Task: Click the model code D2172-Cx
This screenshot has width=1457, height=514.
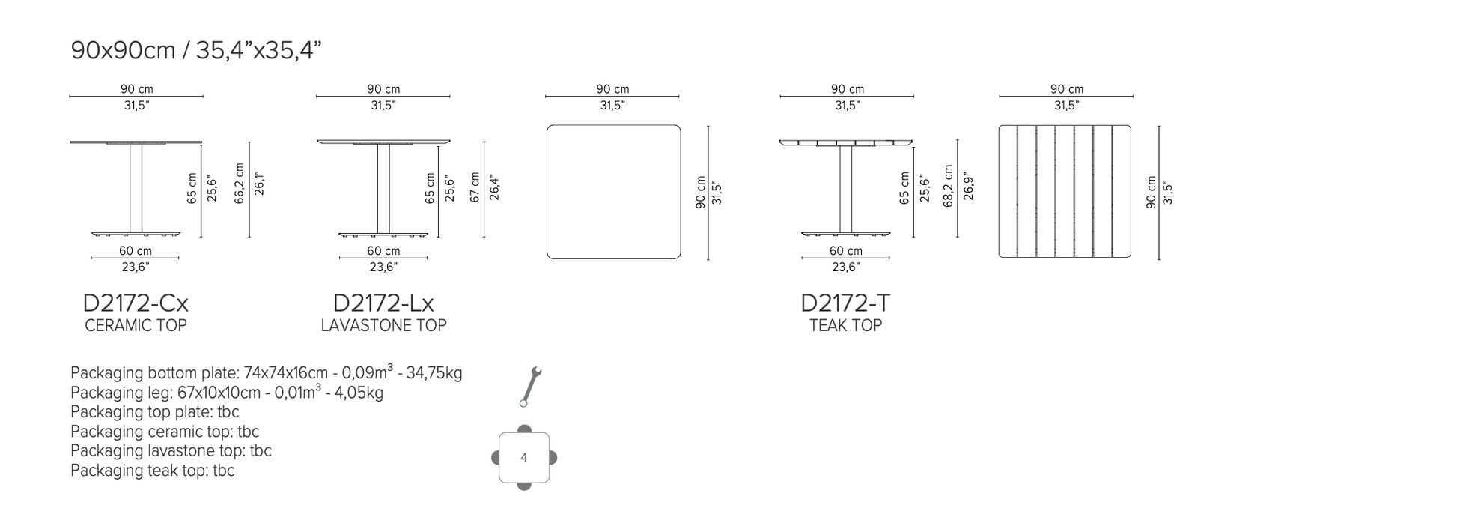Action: pyautogui.click(x=136, y=303)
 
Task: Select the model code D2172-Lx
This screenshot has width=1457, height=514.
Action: pyautogui.click(x=383, y=303)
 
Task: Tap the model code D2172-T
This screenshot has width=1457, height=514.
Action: pyautogui.click(x=845, y=303)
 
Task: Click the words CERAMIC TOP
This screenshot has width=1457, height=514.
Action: pyautogui.click(x=136, y=325)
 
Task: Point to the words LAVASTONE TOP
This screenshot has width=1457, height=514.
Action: pyautogui.click(x=383, y=325)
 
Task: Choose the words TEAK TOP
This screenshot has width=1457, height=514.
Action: pyautogui.click(x=845, y=325)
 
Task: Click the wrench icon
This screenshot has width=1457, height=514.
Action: pyautogui.click(x=531, y=387)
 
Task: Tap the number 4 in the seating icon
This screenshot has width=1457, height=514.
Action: pyautogui.click(x=523, y=458)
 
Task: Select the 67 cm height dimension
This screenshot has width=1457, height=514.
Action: pyautogui.click(x=475, y=187)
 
